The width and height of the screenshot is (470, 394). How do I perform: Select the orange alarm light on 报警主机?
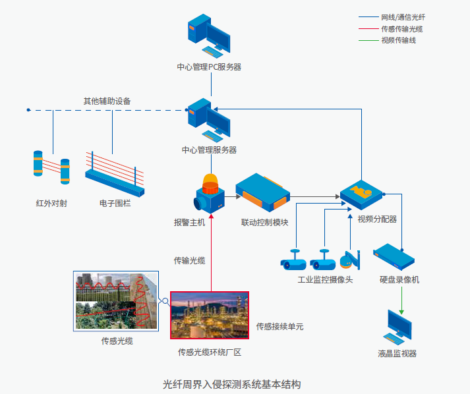tap(210, 181)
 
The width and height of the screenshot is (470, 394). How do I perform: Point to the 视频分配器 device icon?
tap(362, 193)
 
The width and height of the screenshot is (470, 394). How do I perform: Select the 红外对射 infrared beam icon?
tap(51, 168)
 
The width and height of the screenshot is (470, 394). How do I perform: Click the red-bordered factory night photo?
tap(209, 315)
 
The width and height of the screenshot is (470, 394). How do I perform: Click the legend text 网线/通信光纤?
tap(402, 16)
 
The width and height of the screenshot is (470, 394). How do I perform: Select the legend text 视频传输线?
tap(398, 40)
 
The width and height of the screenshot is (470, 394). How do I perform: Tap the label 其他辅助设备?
tap(107, 101)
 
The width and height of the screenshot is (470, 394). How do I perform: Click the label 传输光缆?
tap(189, 260)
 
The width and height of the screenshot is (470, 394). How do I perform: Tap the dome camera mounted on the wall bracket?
tap(348, 262)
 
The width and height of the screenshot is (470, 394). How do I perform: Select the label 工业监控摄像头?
tap(326, 280)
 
